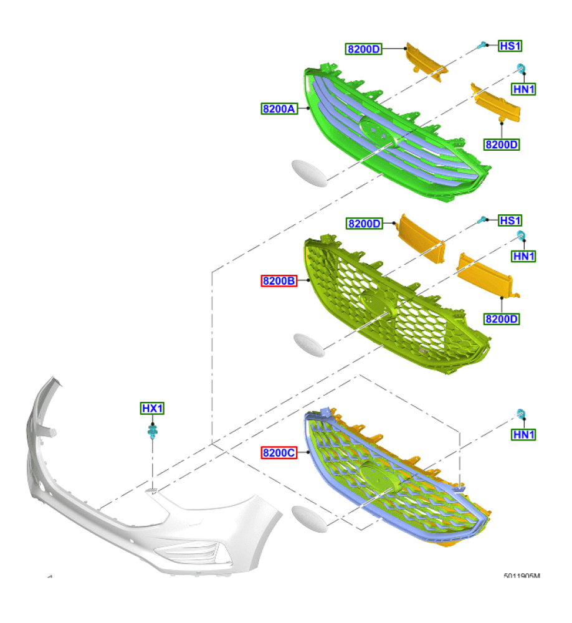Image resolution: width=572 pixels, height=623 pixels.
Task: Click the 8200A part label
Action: [279, 108]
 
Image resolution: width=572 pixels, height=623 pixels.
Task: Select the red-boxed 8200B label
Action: [279, 280]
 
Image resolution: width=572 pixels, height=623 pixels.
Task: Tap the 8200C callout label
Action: [279, 452]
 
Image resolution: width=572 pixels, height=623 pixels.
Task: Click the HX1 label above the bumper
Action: [152, 408]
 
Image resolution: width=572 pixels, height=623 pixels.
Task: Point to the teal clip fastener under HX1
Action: [153, 431]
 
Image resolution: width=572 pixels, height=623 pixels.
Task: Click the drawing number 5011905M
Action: [522, 576]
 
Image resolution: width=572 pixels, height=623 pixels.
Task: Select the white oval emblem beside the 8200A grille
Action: [310, 173]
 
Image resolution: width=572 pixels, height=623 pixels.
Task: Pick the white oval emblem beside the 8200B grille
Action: [309, 345]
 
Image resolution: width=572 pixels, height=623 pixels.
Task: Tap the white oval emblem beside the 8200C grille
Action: [310, 518]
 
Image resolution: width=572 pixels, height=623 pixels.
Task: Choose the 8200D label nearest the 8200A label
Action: [364, 49]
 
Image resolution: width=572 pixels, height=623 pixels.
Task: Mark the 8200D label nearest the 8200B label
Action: [364, 223]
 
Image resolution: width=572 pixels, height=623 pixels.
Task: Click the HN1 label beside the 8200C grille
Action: [523, 434]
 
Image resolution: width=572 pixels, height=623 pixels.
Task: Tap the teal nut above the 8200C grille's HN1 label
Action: [521, 413]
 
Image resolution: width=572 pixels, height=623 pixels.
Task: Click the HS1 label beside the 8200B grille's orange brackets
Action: [510, 220]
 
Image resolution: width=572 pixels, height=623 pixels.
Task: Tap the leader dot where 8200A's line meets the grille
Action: [308, 108]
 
